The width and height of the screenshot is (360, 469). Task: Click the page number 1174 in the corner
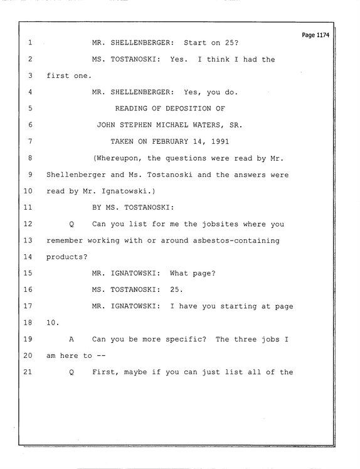[x=322, y=35]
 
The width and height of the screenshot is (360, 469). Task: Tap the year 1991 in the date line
[x=220, y=141]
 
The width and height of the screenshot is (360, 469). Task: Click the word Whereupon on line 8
[x=118, y=158]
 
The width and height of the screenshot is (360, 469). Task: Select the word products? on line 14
[x=67, y=257]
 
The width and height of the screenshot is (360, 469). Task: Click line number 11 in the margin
[x=28, y=207]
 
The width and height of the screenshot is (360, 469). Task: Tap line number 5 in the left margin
[x=30, y=108]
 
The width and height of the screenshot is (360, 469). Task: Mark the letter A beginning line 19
[x=71, y=339]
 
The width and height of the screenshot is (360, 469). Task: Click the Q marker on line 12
[x=71, y=224]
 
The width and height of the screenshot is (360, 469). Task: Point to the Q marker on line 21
[x=71, y=372]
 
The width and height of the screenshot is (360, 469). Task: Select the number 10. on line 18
[x=53, y=323]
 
